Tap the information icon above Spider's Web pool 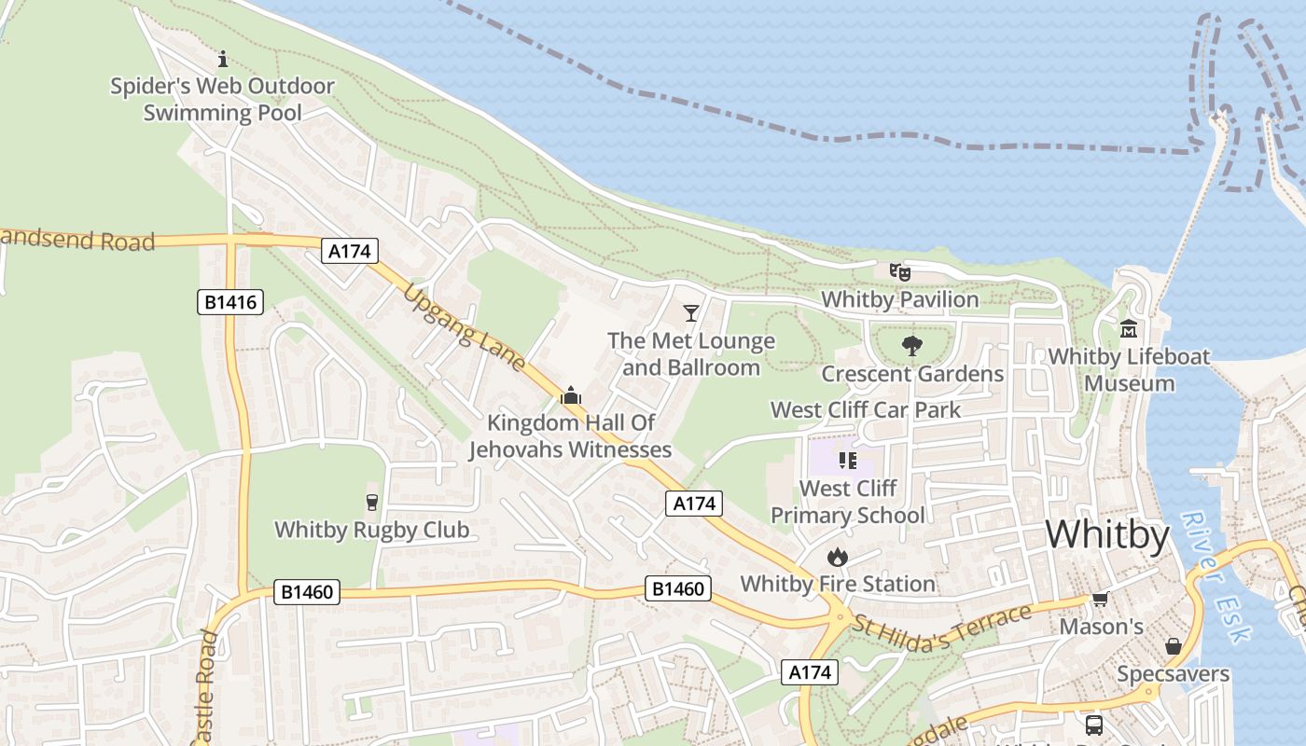point(222,60)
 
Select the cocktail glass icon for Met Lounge point(691,312)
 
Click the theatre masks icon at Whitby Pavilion point(900,272)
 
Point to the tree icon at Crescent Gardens point(912,346)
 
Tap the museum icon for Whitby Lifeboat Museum point(1129,329)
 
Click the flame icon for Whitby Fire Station point(837,557)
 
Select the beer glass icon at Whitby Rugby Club point(372,503)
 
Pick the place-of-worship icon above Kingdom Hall point(571,395)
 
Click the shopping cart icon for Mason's point(1101,599)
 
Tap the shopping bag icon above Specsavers point(1173,646)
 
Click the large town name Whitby point(1106,535)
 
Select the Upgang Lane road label point(465,327)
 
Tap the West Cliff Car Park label point(865,409)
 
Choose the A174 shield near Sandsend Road point(351,250)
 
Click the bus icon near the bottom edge point(1093,725)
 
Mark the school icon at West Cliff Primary point(847,460)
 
